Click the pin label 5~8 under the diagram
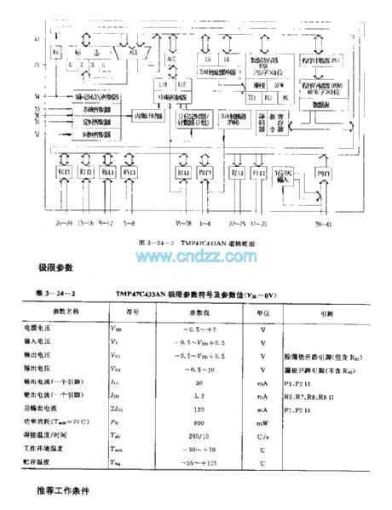coord(130,222)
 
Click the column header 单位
coord(264,312)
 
